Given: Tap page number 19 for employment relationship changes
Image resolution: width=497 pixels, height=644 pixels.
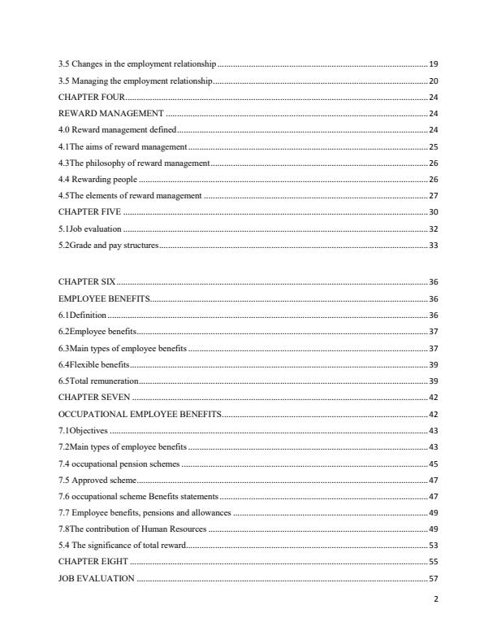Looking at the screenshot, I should [x=433, y=63].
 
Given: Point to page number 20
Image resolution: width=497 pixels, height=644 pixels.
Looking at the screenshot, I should [x=433, y=80].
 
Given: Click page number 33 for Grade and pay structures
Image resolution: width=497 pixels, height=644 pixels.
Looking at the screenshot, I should [x=433, y=246].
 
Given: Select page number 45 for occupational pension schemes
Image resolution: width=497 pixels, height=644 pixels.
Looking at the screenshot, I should [x=433, y=463].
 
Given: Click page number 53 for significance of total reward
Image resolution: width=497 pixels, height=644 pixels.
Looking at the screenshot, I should [x=433, y=546].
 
